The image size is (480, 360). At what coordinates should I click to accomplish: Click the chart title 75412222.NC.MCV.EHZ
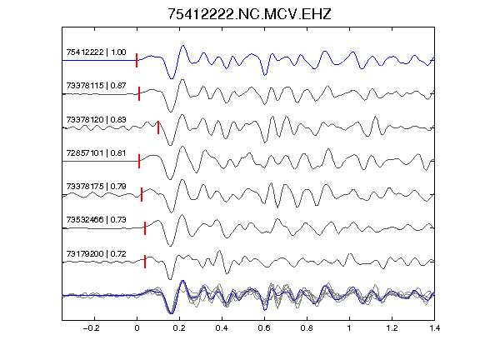tap(249, 14)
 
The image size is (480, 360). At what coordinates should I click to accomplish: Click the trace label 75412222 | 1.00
tap(96, 52)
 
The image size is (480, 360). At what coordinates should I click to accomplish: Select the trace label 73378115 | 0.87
tap(96, 86)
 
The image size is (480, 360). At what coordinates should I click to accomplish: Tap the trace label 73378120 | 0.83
tap(96, 120)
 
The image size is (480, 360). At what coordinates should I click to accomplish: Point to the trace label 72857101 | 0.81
tap(96, 153)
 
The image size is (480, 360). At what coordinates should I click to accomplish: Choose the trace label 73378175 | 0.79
tap(96, 187)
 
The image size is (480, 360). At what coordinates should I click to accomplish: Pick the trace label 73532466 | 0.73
tap(96, 220)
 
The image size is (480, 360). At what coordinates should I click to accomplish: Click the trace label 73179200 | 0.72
tap(96, 254)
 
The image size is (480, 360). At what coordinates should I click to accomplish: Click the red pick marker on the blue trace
tap(137, 60)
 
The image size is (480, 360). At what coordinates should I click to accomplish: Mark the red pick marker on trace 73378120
tap(158, 127)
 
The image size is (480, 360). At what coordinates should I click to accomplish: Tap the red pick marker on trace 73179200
tap(145, 262)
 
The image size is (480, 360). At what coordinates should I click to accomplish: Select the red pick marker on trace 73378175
tap(142, 195)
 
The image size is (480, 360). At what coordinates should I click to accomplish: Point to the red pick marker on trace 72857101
tap(139, 162)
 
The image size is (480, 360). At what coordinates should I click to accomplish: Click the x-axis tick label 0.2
tap(179, 328)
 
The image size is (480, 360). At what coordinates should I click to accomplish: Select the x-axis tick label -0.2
tap(91, 328)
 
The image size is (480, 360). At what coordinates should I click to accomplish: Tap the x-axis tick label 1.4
tap(434, 328)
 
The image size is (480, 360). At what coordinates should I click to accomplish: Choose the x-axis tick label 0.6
tap(264, 328)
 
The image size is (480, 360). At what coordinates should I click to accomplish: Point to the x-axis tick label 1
tap(349, 328)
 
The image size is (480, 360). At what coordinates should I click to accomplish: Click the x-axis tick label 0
tap(137, 328)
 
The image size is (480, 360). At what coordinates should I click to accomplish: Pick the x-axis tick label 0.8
tap(307, 328)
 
